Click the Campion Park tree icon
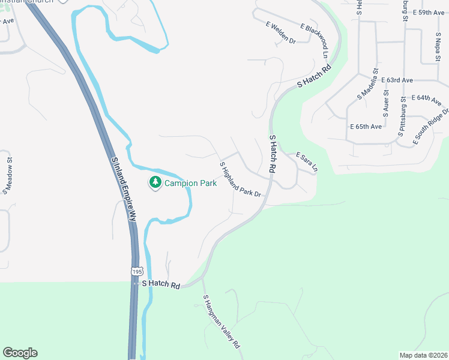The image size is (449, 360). [x=155, y=182]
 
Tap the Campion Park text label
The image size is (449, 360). [x=190, y=184]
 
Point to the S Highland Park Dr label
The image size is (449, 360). [x=240, y=179]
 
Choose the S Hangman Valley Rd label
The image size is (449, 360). [x=221, y=322]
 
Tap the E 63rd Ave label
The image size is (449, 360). [x=397, y=80]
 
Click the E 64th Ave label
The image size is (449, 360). [x=428, y=97]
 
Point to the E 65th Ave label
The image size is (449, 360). [x=366, y=127]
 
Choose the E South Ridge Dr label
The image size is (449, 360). [x=430, y=127]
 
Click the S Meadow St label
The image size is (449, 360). [x=8, y=172]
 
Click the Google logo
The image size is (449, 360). [x=20, y=353]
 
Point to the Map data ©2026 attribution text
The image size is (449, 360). [x=423, y=355]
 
